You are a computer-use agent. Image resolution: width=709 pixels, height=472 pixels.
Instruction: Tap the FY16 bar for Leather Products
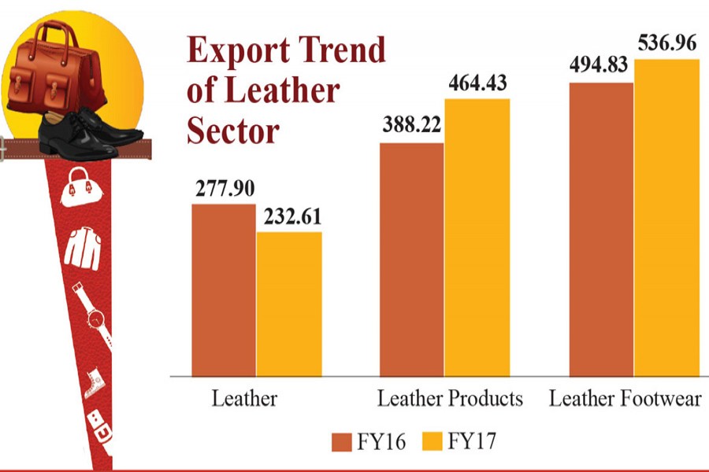pos(412,259)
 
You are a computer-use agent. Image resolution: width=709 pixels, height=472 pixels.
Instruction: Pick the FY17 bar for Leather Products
pos(477,237)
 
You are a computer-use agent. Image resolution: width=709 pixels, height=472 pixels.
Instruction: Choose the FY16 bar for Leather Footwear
pos(601,228)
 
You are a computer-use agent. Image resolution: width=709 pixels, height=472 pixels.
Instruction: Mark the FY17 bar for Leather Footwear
pos(666,217)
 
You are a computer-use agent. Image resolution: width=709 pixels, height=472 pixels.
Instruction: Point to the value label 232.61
pos(290,216)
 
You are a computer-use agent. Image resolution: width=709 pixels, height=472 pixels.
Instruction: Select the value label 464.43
pos(477,83)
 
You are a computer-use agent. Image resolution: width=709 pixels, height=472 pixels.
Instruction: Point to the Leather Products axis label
pos(450,399)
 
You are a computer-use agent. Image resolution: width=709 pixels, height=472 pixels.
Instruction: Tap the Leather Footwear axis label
pos(625,399)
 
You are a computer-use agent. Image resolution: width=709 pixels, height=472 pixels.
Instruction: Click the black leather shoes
pos(78,129)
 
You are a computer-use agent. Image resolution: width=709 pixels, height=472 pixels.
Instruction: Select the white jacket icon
pos(82,246)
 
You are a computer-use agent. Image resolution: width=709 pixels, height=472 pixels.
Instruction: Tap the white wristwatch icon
pos(95,315)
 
